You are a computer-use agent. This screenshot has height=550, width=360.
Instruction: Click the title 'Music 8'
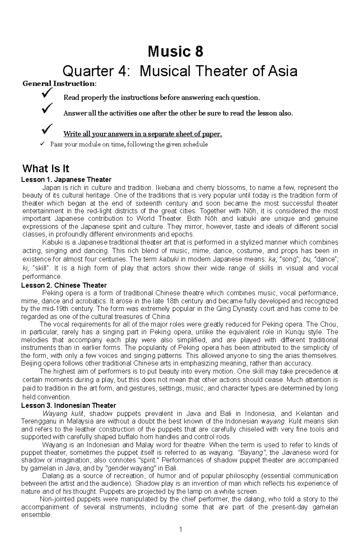[x=175, y=52]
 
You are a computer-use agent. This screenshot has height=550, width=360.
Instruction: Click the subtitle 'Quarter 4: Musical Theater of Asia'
[x=180, y=71]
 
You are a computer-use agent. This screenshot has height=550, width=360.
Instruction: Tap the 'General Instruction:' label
[x=60, y=84]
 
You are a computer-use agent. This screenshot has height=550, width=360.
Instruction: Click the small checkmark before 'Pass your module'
[x=42, y=144]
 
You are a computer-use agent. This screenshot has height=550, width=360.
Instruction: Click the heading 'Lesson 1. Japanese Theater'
[x=66, y=180]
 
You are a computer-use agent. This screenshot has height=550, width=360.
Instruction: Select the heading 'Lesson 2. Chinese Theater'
[x=64, y=285]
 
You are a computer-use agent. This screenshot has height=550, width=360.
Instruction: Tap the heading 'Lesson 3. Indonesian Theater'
[x=68, y=406]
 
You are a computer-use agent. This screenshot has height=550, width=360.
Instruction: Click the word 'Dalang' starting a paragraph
[x=52, y=476]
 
